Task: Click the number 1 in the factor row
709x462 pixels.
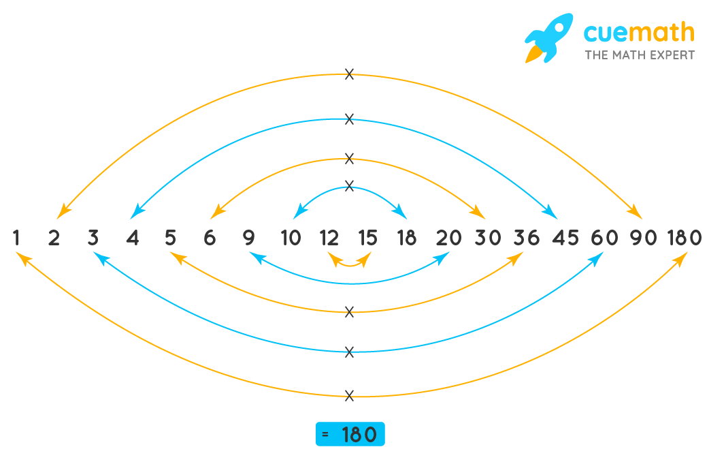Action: point(16,238)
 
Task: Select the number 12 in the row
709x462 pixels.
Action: point(329,238)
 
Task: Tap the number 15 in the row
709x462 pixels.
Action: point(367,238)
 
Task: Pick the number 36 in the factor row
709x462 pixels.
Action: point(526,238)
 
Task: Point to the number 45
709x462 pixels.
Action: point(565,238)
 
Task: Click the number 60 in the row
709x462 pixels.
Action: point(604,238)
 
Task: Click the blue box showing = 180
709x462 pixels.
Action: point(350,435)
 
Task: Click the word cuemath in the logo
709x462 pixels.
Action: point(639,32)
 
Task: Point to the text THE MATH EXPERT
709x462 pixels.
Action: point(640,55)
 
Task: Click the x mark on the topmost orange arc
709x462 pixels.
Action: point(349,74)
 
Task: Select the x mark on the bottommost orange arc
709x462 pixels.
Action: point(349,395)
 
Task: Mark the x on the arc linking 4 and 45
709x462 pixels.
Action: point(349,119)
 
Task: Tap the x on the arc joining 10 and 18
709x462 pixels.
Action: point(349,185)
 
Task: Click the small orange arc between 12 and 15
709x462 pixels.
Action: point(349,263)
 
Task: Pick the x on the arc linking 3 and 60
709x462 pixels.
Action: point(349,352)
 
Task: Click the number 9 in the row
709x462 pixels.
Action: point(248,238)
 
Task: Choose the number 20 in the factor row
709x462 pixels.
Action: point(448,238)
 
